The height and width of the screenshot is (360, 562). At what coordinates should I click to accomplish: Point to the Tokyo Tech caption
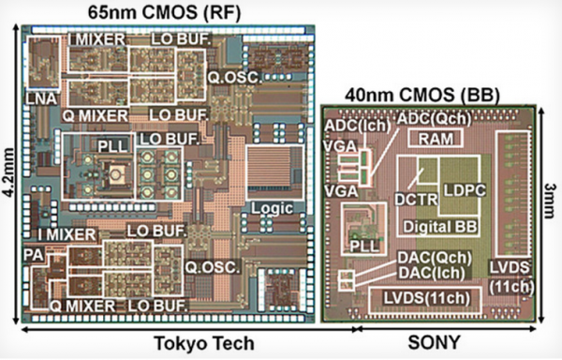pyautogui.click(x=202, y=343)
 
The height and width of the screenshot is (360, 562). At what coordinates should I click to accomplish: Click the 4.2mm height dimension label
pyautogui.click(x=8, y=178)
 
